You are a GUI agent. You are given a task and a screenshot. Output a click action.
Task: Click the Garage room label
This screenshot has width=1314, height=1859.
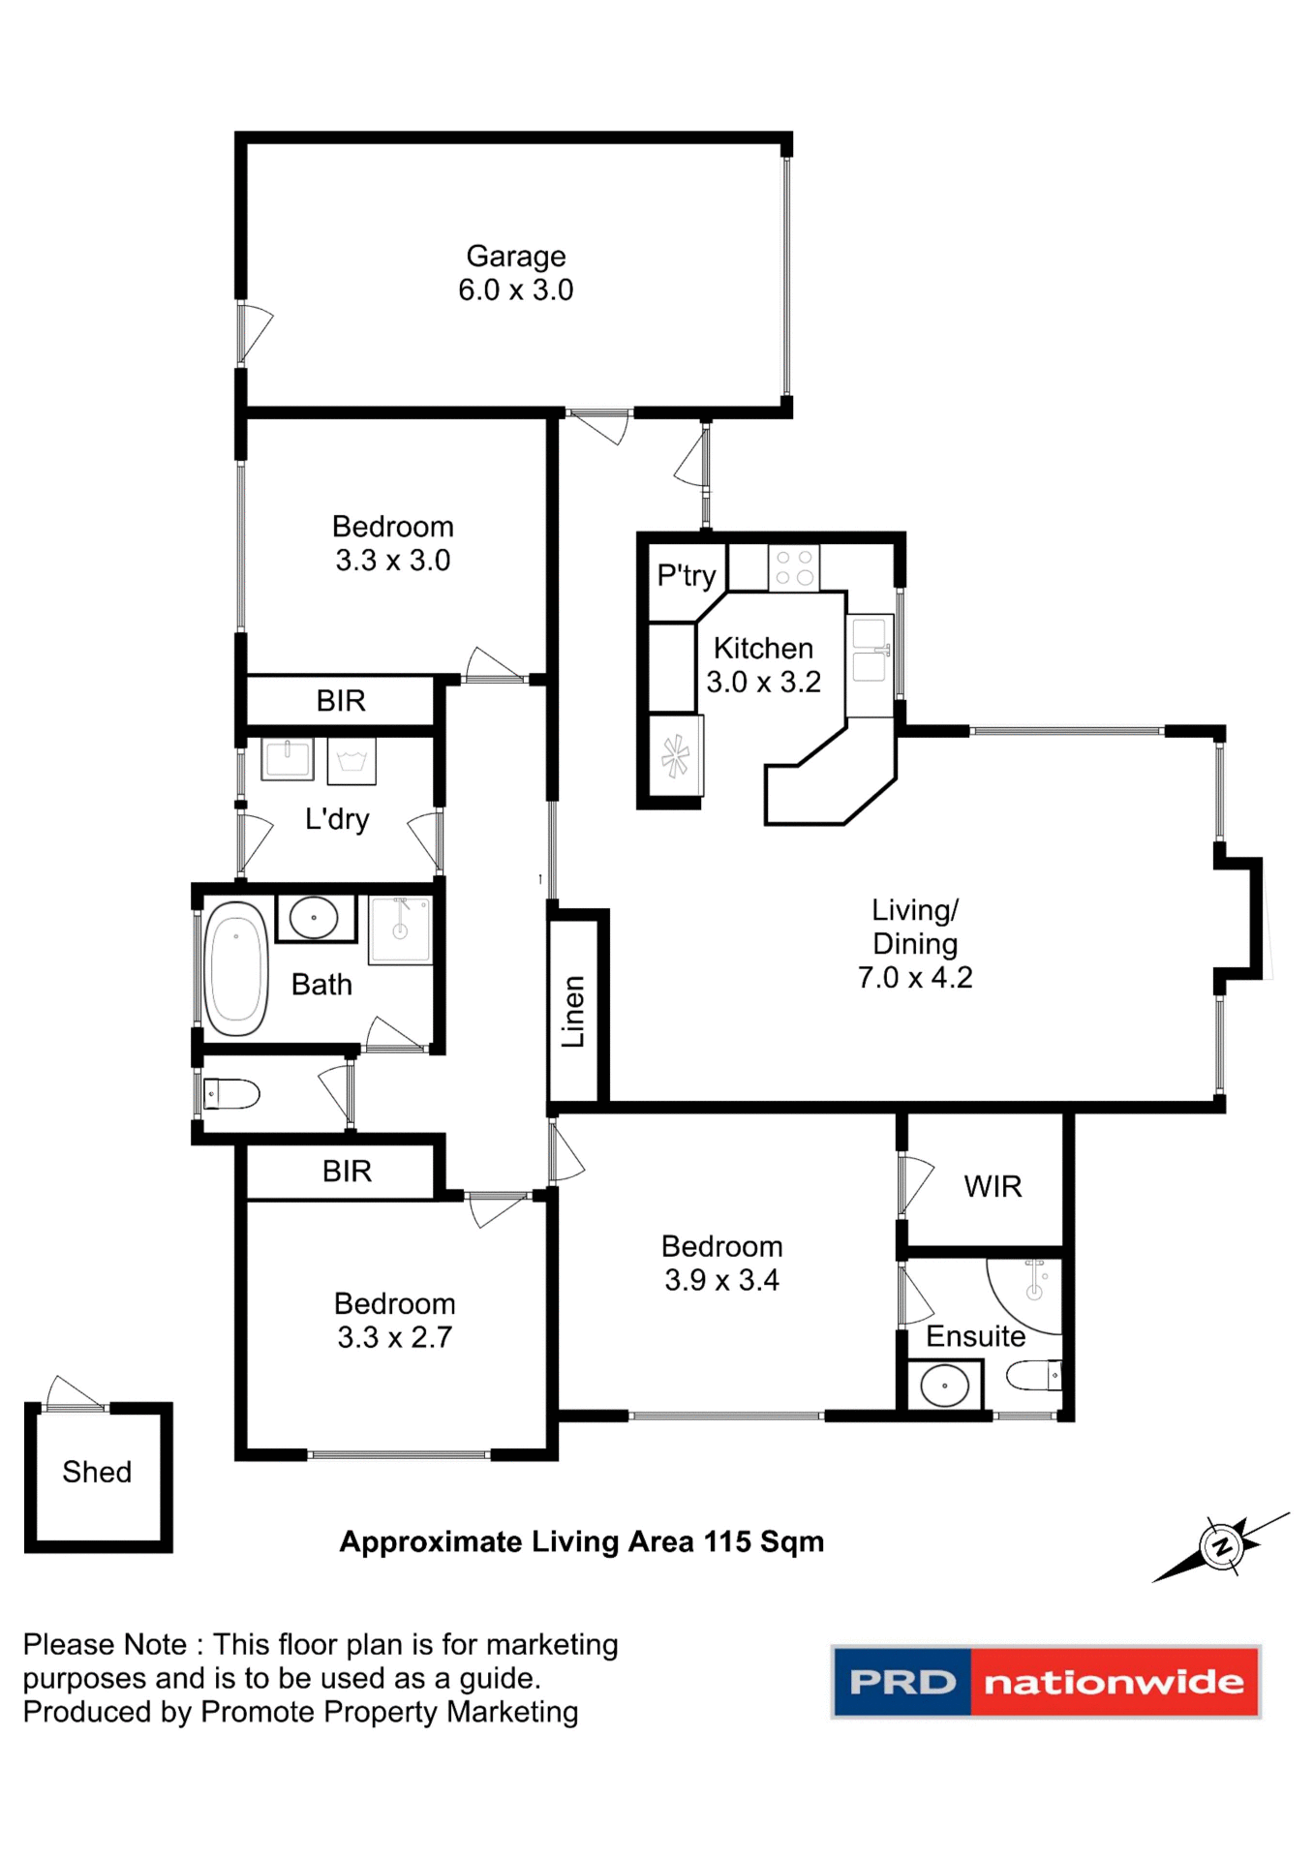[x=515, y=256]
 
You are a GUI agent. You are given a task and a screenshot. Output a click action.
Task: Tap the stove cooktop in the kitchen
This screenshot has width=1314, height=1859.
[x=793, y=567]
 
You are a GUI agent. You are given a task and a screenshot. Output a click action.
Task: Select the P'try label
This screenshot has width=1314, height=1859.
[x=686, y=575]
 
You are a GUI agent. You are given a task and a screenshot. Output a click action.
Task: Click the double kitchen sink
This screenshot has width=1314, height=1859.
[x=869, y=651]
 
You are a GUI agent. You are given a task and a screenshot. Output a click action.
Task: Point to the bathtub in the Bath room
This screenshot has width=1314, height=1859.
[x=235, y=968]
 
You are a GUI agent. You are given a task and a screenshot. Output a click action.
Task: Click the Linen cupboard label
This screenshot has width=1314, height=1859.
[x=573, y=1011]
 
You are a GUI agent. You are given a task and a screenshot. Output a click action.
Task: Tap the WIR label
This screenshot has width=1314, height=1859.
[x=992, y=1186]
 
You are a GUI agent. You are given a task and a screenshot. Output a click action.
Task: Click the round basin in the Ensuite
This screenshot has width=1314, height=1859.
[x=944, y=1386]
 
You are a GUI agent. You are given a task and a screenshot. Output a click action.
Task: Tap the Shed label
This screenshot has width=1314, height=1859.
[x=97, y=1472]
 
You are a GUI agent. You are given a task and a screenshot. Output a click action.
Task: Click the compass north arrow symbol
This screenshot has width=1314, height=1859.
[x=1221, y=1546]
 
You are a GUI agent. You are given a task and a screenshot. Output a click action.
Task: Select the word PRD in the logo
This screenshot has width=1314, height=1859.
[x=901, y=1682]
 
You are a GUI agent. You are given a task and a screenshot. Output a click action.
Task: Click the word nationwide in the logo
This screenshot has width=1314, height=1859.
[x=1114, y=1682]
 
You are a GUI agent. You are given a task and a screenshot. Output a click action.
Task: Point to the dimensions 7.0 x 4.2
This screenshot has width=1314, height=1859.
[x=914, y=977]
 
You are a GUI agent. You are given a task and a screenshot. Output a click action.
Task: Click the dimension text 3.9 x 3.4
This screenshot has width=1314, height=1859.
[x=721, y=1280]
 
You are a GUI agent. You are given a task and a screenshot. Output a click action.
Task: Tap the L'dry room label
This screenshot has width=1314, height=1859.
[x=336, y=819]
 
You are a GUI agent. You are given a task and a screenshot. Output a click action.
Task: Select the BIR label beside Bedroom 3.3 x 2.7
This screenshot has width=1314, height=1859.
[x=347, y=1172]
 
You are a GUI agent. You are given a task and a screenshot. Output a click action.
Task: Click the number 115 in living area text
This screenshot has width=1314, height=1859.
[x=727, y=1541]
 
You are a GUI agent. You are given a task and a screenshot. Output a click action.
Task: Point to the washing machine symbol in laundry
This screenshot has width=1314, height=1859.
[x=351, y=761]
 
